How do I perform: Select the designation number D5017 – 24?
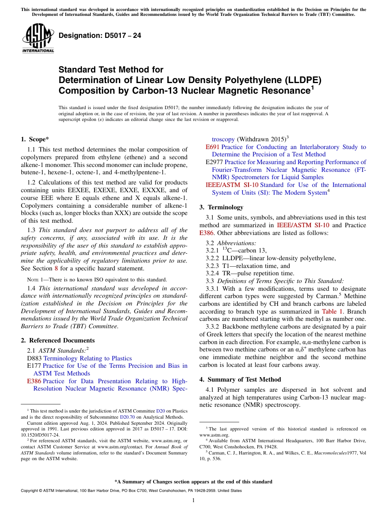coord(100,35)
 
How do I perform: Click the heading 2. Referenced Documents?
coord(58,340)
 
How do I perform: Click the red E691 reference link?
coord(213,147)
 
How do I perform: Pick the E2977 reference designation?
coord(214,162)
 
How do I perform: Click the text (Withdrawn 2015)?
coord(260,139)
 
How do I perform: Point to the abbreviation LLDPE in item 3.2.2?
coord(233,258)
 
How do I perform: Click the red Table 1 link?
coord(332,312)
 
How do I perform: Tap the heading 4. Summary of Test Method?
coord(240,380)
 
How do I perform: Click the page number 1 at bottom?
coord(193,500)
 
